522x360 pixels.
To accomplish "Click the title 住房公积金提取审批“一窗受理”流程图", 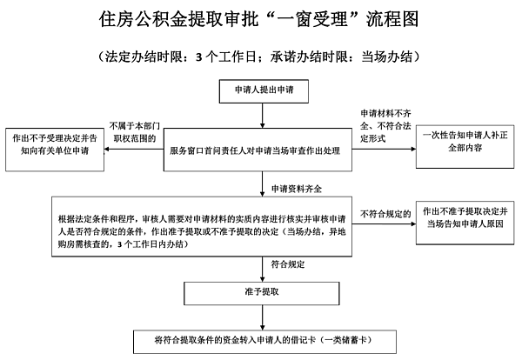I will tap(260, 19).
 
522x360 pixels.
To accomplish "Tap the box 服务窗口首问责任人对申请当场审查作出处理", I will tap(260, 150).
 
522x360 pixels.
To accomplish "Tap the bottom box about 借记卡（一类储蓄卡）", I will tap(262, 337).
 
